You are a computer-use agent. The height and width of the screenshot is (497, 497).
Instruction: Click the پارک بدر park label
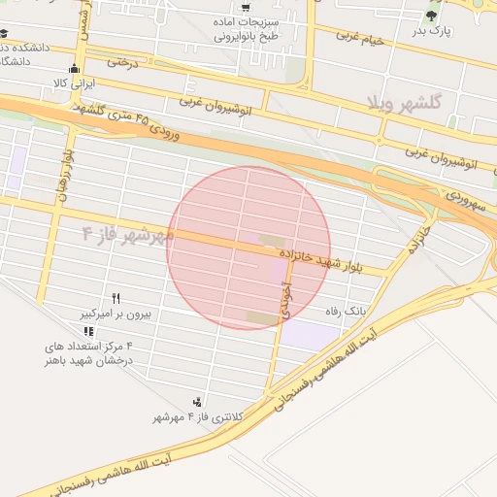(x=432, y=31)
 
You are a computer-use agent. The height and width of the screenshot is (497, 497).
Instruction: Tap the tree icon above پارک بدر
(x=432, y=15)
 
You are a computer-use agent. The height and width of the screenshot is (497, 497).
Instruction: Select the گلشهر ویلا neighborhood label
(x=405, y=101)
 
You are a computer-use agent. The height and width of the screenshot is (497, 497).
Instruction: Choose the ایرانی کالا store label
(x=76, y=83)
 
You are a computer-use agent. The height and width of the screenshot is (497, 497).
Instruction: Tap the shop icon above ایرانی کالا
(x=75, y=68)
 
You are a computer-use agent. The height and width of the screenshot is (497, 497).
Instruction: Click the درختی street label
(x=123, y=61)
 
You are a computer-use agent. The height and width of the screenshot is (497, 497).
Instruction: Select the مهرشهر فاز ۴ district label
(x=128, y=234)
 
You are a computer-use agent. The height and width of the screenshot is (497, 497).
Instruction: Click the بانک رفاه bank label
(x=347, y=312)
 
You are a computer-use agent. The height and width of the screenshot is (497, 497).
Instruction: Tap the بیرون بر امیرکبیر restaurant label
(x=117, y=315)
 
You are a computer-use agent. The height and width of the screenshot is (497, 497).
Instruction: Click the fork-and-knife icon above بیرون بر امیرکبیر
(x=117, y=298)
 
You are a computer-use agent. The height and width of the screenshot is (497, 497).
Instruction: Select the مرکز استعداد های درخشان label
(x=88, y=352)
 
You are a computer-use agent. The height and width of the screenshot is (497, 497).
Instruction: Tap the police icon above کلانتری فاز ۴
(x=198, y=401)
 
